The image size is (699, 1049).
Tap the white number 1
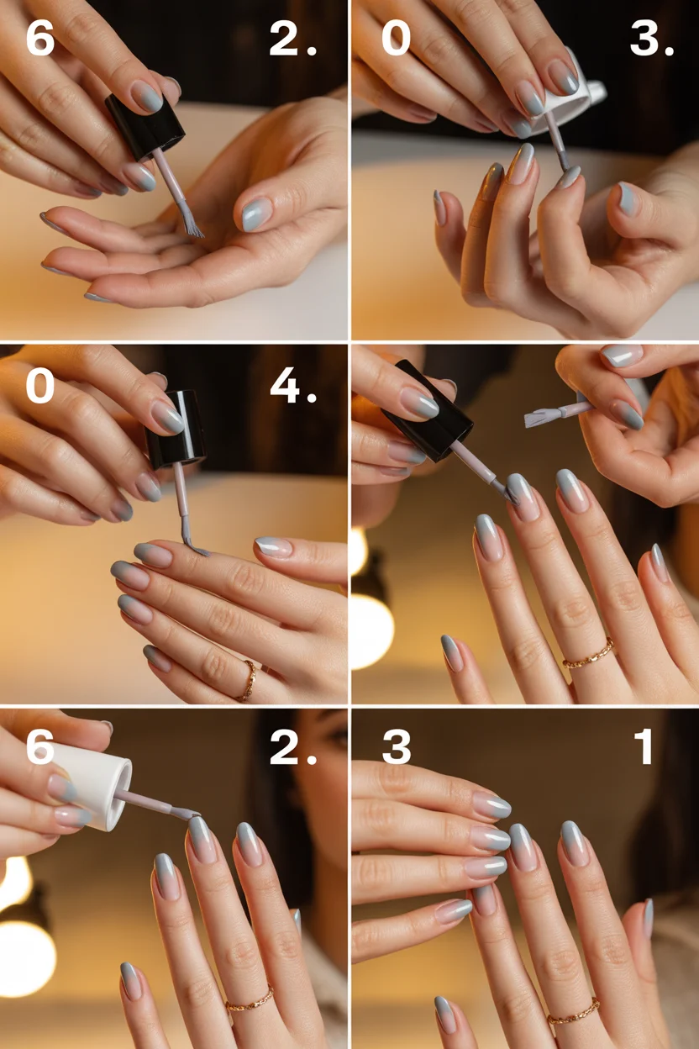point(644,746)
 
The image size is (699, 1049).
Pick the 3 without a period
point(397,746)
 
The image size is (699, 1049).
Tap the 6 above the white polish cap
point(39,746)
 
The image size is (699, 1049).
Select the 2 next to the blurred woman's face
point(286,746)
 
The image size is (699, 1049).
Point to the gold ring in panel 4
point(248,679)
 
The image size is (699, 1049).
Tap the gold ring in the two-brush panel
point(588,654)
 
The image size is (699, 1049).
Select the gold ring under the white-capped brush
point(249,999)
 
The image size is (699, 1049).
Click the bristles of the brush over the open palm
point(191,224)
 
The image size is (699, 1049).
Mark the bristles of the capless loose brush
point(538,417)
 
